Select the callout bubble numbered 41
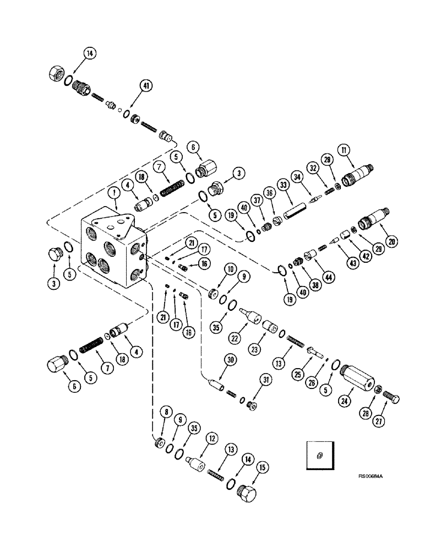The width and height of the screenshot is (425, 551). [130, 86]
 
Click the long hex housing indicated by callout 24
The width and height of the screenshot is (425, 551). [356, 380]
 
